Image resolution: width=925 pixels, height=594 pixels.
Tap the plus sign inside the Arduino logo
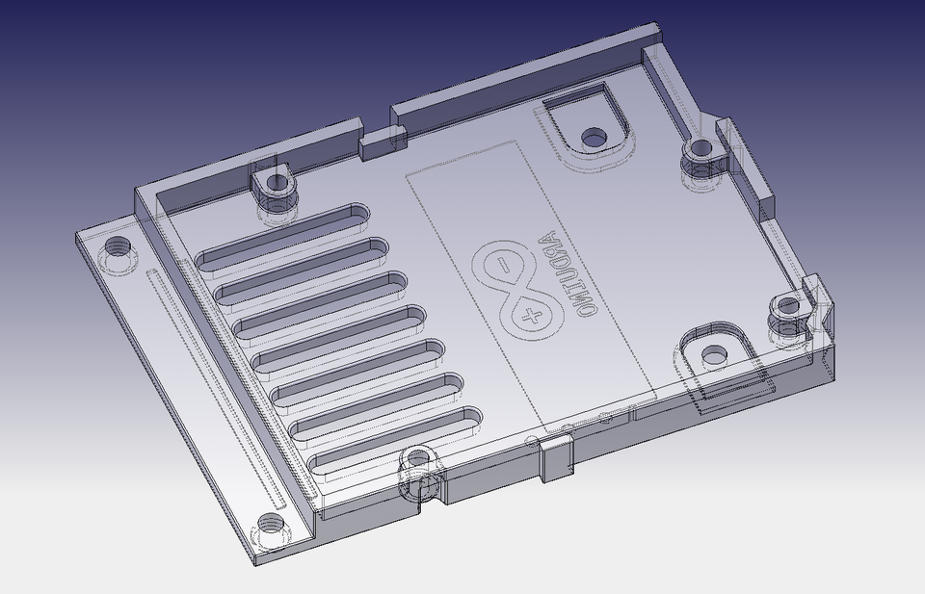tap(529, 314)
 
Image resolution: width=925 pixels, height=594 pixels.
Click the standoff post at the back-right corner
tap(701, 150)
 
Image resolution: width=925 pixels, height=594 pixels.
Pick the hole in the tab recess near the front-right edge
tap(715, 355)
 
